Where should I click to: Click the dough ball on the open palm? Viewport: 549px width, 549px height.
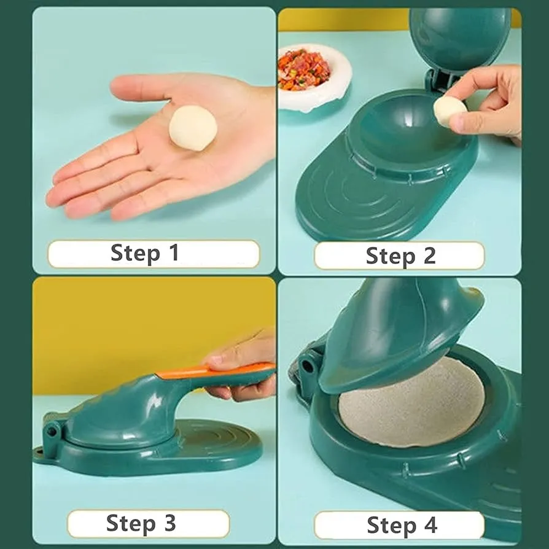(x=193, y=128)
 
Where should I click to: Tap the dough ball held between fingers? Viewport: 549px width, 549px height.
(x=450, y=111)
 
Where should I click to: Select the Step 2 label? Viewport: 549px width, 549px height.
(x=400, y=255)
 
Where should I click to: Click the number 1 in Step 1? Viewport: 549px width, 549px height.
(x=174, y=252)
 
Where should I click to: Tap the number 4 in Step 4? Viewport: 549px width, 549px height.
(x=430, y=524)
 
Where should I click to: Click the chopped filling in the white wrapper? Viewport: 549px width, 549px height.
(x=304, y=69)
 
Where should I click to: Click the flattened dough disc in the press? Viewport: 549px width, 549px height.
(x=411, y=403)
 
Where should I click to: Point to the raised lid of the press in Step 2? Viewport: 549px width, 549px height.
(x=460, y=38)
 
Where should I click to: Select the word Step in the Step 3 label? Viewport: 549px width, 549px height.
(x=131, y=524)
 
